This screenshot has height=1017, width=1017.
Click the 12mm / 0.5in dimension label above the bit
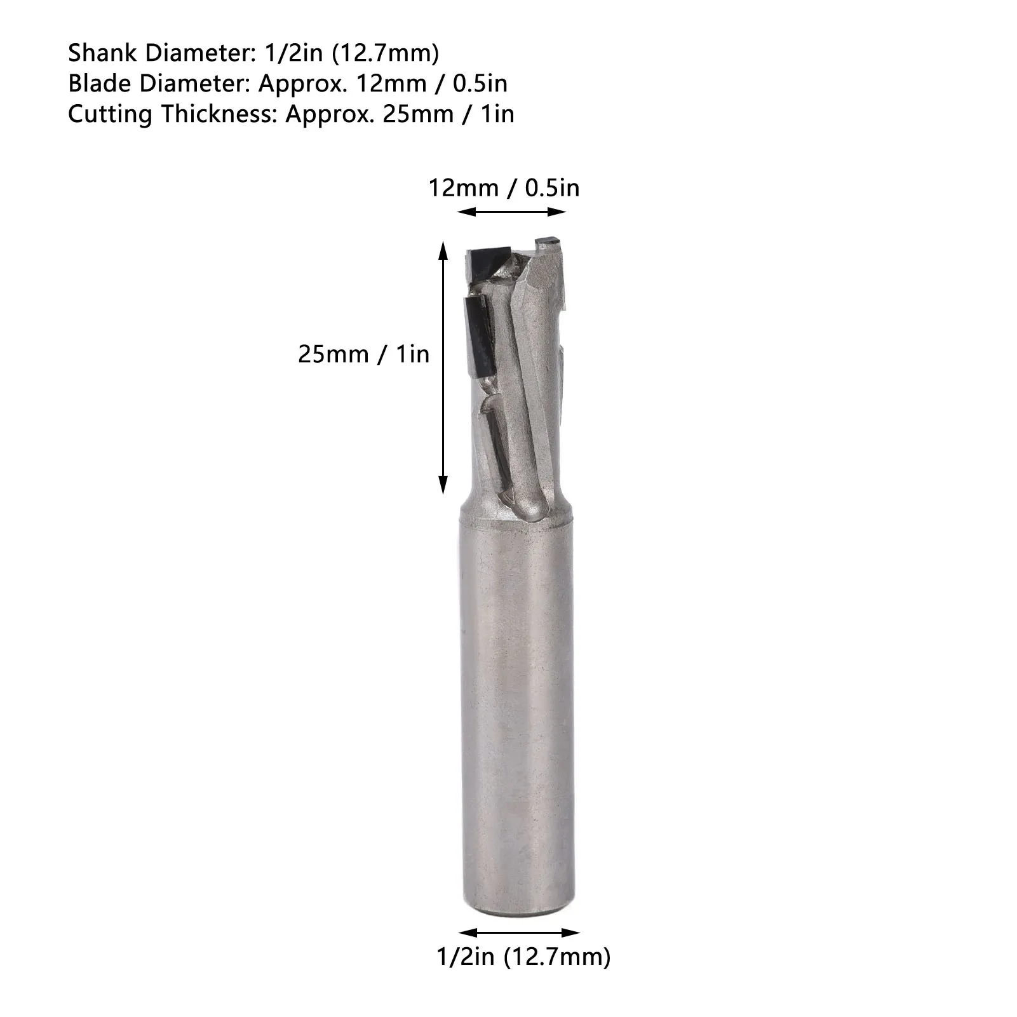coord(504,188)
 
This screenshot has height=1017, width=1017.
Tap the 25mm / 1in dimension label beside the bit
coord(363,354)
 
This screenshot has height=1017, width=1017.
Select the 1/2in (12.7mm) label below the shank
coord(523,956)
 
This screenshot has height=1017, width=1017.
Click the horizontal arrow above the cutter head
coord(511,212)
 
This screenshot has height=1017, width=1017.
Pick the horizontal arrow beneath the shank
coord(519,933)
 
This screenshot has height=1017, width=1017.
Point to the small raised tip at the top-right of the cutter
coord(546,241)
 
